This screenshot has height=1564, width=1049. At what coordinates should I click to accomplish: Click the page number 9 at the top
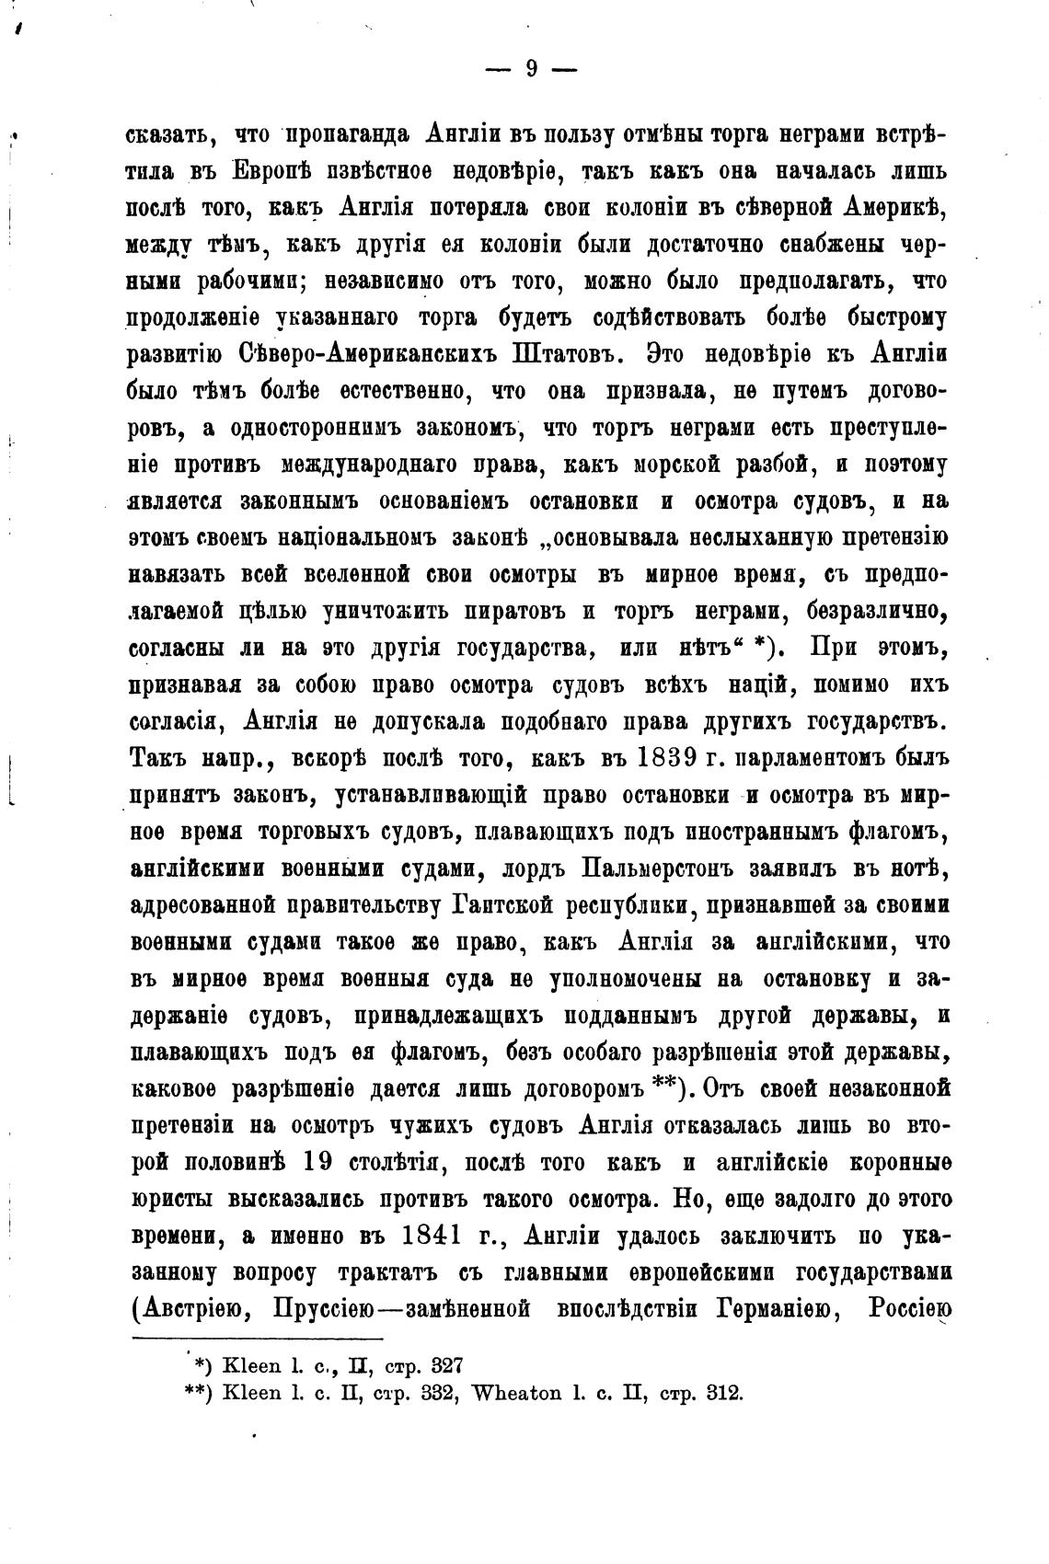[530, 69]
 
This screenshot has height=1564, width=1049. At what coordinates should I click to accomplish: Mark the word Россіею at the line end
[908, 1309]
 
